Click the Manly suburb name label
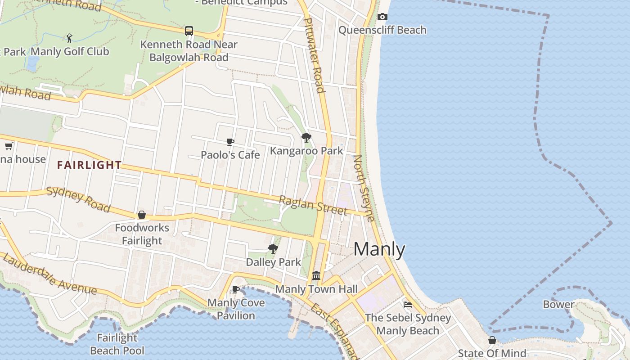379,249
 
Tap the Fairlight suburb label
89,165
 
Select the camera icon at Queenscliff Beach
382,17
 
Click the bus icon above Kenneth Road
189,31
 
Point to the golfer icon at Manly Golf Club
69,38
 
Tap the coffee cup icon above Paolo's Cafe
230,142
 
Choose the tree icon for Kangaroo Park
306,138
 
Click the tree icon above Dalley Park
273,249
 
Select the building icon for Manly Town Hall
316,275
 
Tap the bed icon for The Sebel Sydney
408,304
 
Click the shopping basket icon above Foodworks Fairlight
142,215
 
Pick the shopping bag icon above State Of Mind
492,340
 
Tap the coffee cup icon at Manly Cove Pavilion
235,289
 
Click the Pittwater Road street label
315,55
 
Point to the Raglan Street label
313,205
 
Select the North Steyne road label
364,188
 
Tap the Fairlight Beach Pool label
117,344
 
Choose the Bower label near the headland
558,305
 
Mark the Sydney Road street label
78,199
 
